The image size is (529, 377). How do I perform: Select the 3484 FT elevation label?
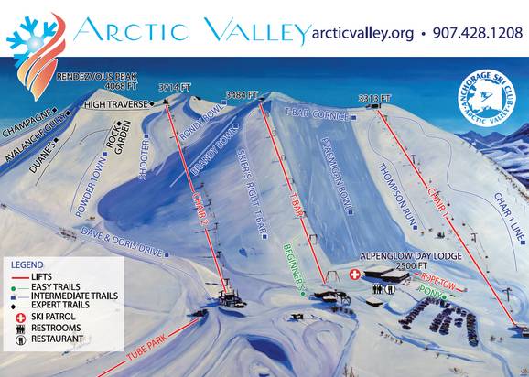[x=243, y=93]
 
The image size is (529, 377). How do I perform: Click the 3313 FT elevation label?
[x=375, y=96]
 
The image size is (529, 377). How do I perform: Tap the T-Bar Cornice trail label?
[x=317, y=116]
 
